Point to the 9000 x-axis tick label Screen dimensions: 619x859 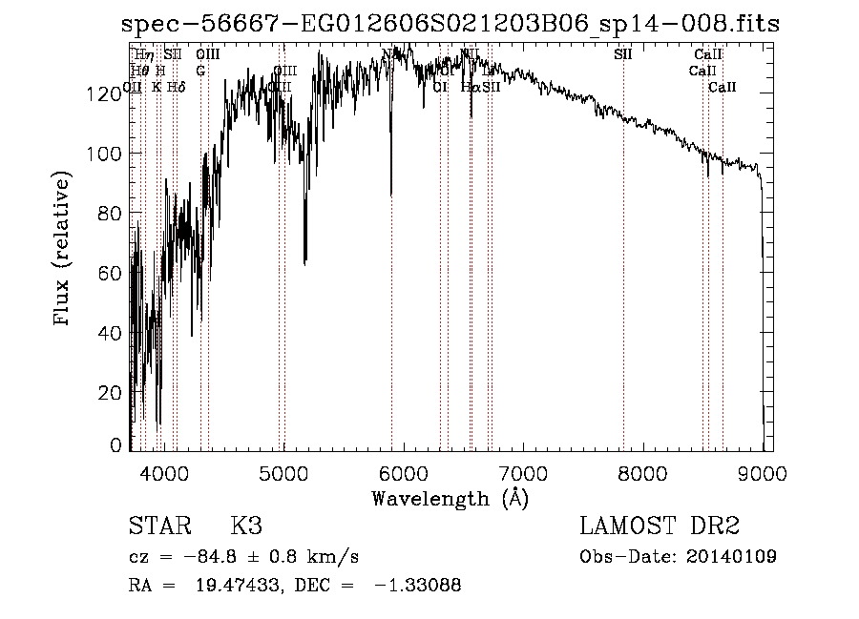[x=763, y=472]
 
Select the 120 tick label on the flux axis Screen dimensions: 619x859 [x=109, y=93]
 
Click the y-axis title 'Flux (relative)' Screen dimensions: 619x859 [x=63, y=251]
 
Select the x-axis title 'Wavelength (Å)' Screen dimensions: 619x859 [x=450, y=498]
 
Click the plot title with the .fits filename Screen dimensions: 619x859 [x=451, y=25]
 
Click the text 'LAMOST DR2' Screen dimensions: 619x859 [x=660, y=526]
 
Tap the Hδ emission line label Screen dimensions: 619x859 [x=176, y=87]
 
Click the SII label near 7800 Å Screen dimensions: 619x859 [x=623, y=54]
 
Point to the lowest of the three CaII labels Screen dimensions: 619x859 [x=723, y=87]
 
